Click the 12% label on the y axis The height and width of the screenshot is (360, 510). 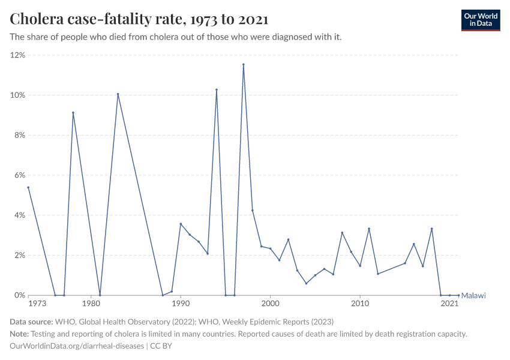[17, 55]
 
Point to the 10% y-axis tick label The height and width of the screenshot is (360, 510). [17, 95]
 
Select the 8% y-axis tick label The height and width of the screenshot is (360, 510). [19, 136]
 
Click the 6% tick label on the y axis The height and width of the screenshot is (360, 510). [19, 175]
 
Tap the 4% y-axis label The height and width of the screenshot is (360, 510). [19, 215]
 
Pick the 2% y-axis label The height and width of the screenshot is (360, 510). [19, 256]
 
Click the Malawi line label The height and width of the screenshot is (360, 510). [473, 295]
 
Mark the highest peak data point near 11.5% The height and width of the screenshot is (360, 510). [244, 64]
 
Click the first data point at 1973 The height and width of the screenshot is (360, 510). [28, 187]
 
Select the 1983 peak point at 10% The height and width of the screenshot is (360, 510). [118, 94]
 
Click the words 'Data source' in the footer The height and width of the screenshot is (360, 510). [31, 322]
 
